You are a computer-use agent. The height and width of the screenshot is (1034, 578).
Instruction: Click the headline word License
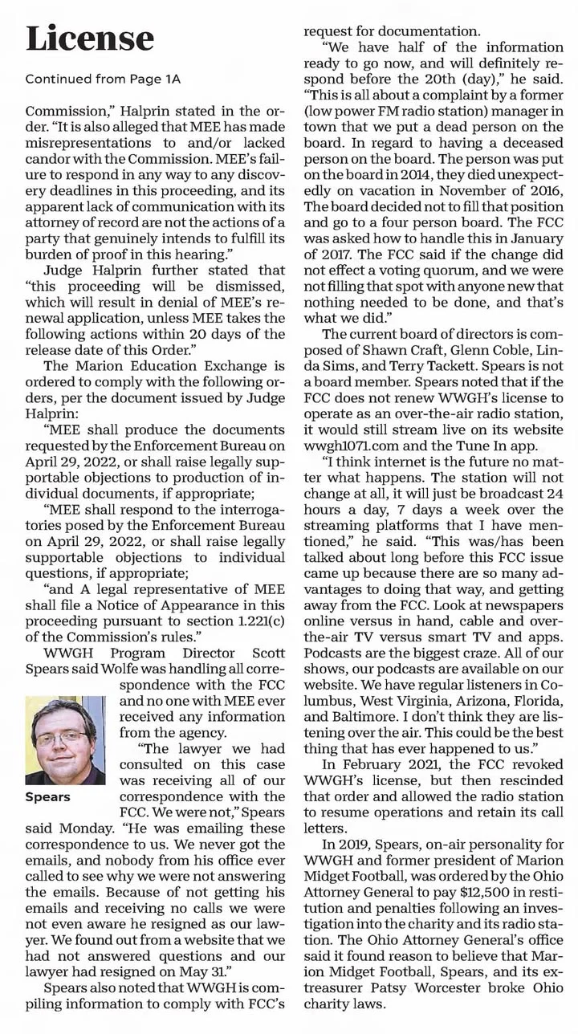[x=89, y=38]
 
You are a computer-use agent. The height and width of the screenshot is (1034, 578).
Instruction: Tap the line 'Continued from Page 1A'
[x=103, y=79]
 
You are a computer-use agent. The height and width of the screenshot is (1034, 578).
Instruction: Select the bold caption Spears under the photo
[x=47, y=797]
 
